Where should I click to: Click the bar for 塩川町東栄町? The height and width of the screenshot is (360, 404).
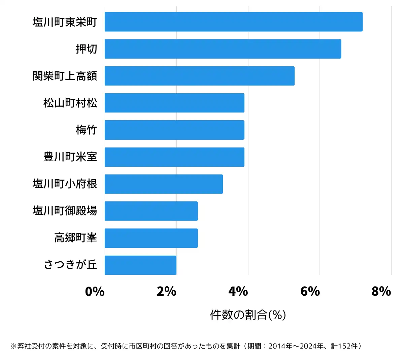234,22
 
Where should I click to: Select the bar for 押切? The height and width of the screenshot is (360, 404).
223,49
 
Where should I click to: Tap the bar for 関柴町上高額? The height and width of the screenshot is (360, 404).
200,76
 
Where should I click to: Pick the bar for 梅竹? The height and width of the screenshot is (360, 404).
174,130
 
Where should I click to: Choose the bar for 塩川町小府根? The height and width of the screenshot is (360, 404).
164,184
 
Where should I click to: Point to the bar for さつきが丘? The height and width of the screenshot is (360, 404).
140,265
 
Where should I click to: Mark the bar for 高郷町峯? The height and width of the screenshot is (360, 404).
151,238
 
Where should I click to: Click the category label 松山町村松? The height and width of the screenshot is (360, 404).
70,103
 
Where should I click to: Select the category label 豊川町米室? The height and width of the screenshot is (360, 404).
70,157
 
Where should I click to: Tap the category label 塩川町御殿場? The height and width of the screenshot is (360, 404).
65,211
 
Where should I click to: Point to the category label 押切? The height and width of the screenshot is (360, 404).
86,49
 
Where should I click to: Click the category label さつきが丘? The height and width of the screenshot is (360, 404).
70,265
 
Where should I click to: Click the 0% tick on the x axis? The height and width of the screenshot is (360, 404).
95,291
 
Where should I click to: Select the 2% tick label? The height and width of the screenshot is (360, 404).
167,291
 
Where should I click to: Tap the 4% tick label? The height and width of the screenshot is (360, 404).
238,291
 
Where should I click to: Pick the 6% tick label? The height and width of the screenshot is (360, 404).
310,291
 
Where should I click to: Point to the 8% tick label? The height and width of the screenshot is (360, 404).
381,291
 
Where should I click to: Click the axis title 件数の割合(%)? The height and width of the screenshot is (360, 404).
248,315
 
